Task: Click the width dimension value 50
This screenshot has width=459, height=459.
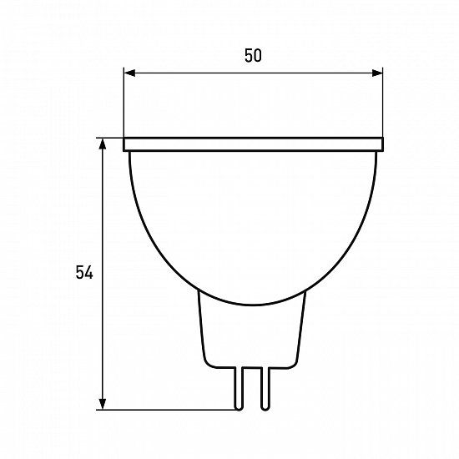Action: [x=253, y=56]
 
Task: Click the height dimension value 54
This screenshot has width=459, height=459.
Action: [x=84, y=272]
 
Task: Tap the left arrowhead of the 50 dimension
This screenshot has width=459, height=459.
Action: [x=129, y=73]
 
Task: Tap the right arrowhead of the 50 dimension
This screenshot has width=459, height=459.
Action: [x=377, y=73]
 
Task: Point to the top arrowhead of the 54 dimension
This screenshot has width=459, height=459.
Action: [x=103, y=144]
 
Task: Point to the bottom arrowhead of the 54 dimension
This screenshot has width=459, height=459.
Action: [x=103, y=404]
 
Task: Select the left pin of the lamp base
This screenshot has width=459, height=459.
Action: [x=239, y=388]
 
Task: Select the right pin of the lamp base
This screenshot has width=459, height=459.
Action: [x=265, y=388]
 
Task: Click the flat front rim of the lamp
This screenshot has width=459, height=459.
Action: [x=253, y=144]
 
